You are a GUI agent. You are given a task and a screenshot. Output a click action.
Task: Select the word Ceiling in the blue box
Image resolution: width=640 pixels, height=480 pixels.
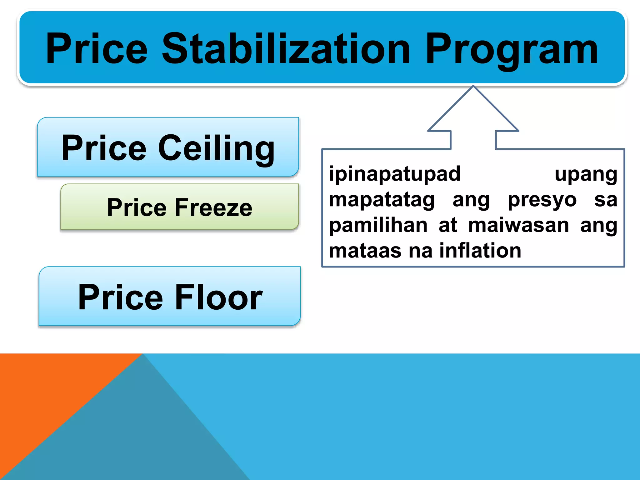tap(216, 148)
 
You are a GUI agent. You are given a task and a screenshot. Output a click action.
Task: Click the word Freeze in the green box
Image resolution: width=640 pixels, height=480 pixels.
tap(213, 207)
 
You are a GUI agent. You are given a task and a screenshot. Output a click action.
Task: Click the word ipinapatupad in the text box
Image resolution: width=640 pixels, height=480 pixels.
tap(395, 174)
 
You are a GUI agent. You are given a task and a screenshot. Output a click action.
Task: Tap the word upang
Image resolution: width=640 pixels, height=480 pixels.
tap(586, 174)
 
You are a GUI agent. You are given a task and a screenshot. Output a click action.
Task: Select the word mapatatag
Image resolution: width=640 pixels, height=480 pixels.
tap(382, 200)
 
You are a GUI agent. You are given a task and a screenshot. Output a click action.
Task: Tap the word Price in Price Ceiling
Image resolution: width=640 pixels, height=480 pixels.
tap(104, 148)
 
